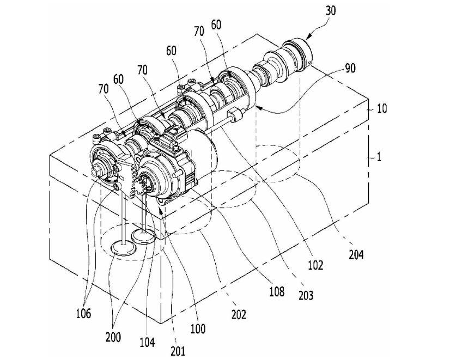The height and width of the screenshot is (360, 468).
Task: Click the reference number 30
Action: (x=330, y=11)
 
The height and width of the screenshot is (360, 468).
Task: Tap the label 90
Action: (x=350, y=68)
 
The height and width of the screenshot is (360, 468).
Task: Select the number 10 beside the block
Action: (x=382, y=108)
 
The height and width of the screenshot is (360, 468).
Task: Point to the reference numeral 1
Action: (x=379, y=157)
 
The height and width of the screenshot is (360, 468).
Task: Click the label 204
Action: (x=356, y=255)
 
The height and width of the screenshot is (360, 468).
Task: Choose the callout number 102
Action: (x=315, y=265)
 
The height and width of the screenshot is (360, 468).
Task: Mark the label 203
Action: (x=306, y=295)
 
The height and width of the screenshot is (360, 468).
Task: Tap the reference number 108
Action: (x=276, y=291)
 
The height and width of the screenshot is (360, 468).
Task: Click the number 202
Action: (x=239, y=314)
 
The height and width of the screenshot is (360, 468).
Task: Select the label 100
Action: (x=198, y=328)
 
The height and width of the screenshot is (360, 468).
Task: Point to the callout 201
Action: (x=178, y=351)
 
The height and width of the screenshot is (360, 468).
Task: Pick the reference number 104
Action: (x=147, y=342)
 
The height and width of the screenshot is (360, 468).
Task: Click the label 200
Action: (x=113, y=337)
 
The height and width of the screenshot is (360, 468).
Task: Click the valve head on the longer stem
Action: (x=123, y=248)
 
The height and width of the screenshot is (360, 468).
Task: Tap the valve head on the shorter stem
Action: (x=144, y=236)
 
